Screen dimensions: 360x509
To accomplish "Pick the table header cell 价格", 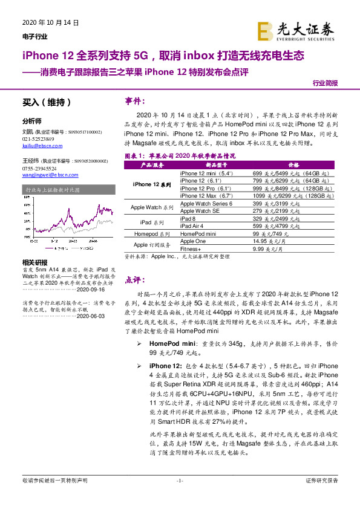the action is [x=293, y=164].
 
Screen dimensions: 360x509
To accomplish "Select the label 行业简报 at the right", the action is [x=325, y=83].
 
